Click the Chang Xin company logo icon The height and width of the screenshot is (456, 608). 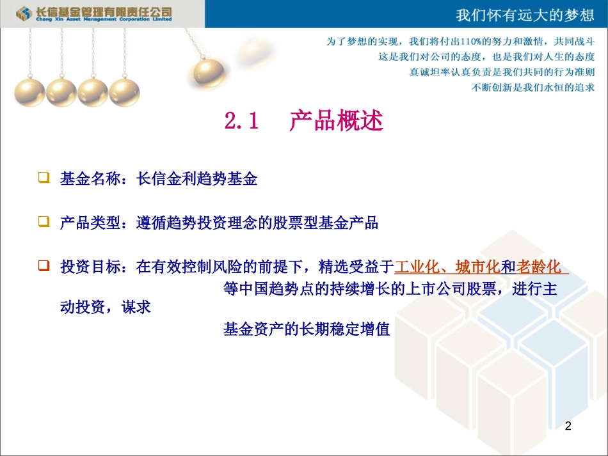tap(25, 13)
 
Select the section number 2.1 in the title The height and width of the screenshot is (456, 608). tap(241, 121)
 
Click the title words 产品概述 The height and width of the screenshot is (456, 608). tap(336, 121)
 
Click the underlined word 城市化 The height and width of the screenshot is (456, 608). tap(477, 267)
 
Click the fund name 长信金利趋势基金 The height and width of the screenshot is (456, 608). tap(197, 179)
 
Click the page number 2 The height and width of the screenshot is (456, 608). tap(568, 425)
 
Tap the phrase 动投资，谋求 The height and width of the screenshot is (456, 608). tap(105, 308)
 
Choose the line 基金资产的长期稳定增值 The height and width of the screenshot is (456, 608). tap(307, 330)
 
